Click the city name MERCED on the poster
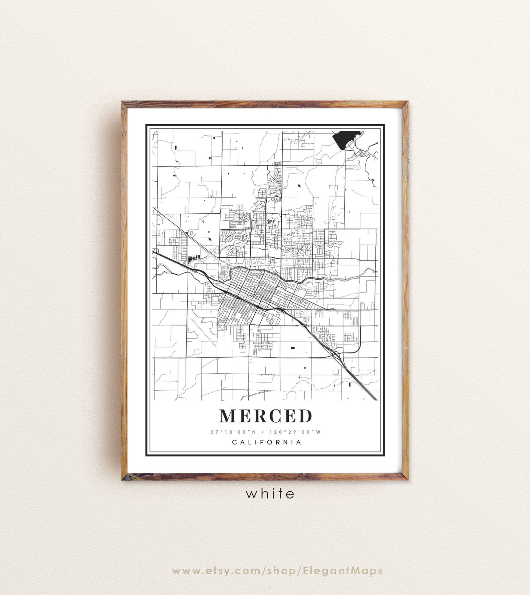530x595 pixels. [265, 416]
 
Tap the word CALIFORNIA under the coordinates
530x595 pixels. [267, 442]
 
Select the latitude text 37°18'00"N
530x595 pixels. [230, 432]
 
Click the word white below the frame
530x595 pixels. [270, 493]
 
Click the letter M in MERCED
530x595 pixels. [227, 416]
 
